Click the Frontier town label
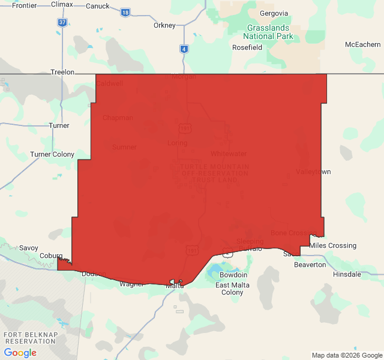click(x=24, y=5)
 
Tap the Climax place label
click(x=62, y=5)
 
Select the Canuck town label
click(x=98, y=7)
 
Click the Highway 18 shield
click(x=125, y=12)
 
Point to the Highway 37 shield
click(x=62, y=22)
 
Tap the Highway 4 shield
click(x=184, y=49)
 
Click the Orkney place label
click(x=164, y=25)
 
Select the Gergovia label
click(x=274, y=14)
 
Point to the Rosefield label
click(x=248, y=47)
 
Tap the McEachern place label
click(x=362, y=45)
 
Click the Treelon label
click(x=62, y=72)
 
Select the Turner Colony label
click(x=52, y=155)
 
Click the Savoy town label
click(x=28, y=248)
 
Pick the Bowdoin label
click(x=233, y=275)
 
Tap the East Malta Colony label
click(x=232, y=289)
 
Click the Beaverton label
click(x=310, y=265)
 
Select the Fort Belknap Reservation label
click(x=29, y=337)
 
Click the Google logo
click(x=20, y=353)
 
